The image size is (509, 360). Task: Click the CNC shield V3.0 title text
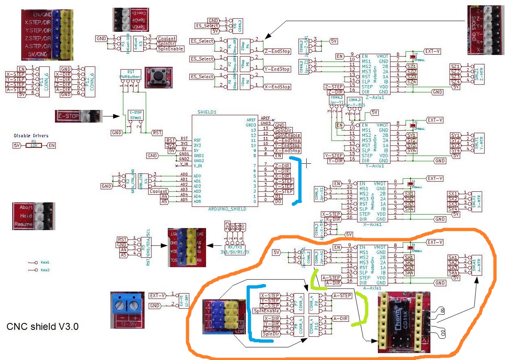click(x=43, y=327)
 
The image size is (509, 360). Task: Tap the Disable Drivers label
click(x=31, y=136)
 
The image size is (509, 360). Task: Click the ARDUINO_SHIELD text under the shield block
click(x=227, y=209)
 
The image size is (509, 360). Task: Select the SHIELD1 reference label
click(x=206, y=112)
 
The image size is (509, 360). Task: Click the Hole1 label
click(x=45, y=262)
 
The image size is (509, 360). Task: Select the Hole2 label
click(x=45, y=270)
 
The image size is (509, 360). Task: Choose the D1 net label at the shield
click(x=278, y=196)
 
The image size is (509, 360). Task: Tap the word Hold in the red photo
click(x=26, y=216)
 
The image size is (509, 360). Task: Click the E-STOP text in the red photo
click(x=68, y=116)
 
